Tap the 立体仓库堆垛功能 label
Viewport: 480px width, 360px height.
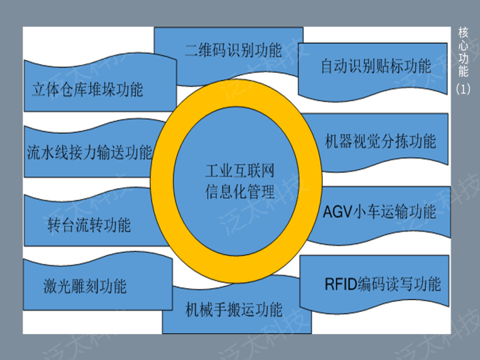point(87,89)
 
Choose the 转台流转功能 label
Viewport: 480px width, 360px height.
point(89,225)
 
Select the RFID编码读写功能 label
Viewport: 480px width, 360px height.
point(383,285)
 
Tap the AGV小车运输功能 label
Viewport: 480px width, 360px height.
point(379,212)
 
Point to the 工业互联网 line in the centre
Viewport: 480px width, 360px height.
point(239,173)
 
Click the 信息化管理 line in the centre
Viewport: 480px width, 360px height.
point(239,193)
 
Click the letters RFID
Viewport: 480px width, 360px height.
point(341,285)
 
